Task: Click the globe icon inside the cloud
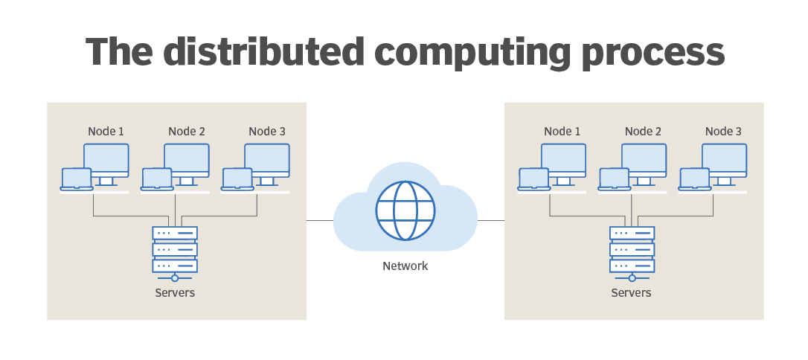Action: tap(405, 210)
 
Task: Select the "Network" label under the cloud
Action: tap(405, 266)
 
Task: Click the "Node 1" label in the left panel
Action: tap(106, 132)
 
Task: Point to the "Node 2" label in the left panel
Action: tap(187, 132)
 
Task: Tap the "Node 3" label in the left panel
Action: tap(267, 132)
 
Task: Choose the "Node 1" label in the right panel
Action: tap(562, 132)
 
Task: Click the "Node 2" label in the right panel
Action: tap(643, 132)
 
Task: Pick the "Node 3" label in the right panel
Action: tap(723, 132)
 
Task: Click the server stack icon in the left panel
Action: tap(175, 250)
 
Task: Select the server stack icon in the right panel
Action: tap(632, 250)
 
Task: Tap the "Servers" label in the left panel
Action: tap(175, 293)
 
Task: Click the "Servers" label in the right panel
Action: tap(631, 293)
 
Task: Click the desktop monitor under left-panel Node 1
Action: tap(106, 160)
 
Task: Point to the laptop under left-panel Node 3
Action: tap(237, 179)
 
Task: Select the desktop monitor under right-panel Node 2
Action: tap(644, 160)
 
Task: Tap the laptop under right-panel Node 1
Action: tap(533, 179)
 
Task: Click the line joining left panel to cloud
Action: tap(320, 221)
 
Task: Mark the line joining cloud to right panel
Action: tap(491, 221)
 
